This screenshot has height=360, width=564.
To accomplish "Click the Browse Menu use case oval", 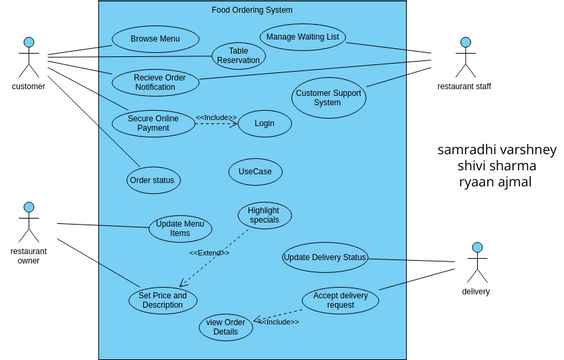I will point(155,40).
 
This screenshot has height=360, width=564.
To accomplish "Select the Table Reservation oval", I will point(238,56).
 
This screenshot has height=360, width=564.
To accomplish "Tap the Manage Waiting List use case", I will point(302,37).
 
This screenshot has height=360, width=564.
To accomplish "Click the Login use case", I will point(264,123).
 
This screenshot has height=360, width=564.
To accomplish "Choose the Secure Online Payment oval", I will point(153,123).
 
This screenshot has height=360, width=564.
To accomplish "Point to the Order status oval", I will point(153,180).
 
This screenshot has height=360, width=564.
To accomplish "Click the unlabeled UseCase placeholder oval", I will point(255,172).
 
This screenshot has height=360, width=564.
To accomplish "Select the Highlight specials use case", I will point(264,215).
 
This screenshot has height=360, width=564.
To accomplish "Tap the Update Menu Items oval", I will point(180,229).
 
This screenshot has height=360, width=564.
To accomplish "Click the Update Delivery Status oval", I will point(325,258).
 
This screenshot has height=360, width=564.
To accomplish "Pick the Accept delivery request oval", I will point(340,301).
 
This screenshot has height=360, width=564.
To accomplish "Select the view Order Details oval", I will point(226,327).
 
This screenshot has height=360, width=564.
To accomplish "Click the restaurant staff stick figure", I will point(463,58).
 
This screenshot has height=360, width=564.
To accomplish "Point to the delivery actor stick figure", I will point(476,262).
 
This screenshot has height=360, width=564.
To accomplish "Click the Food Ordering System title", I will point(252,10).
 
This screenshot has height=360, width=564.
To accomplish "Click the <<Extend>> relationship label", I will point(209,253).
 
